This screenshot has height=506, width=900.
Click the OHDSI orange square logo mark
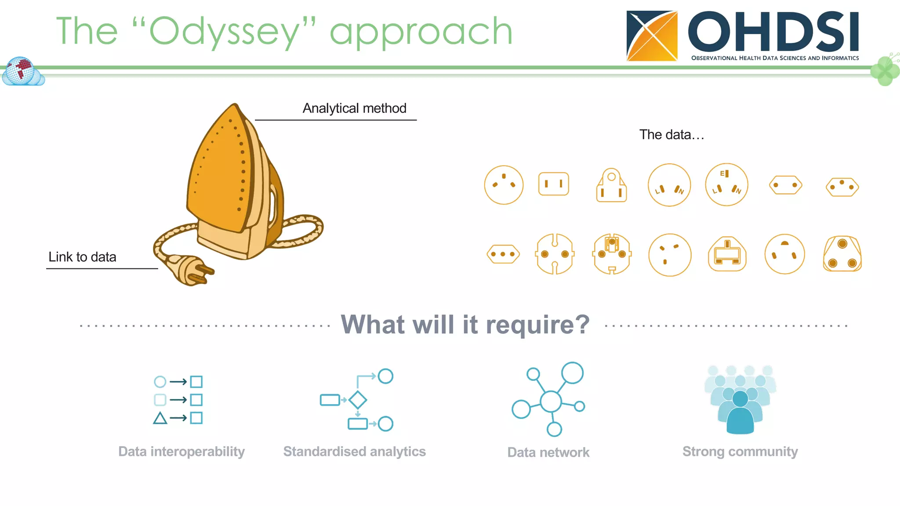pyautogui.click(x=652, y=36)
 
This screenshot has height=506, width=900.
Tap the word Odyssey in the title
pyautogui.click(x=224, y=32)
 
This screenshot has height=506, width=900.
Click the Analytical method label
pyautogui.click(x=354, y=108)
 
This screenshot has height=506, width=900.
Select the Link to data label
pyautogui.click(x=82, y=257)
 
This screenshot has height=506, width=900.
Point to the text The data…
pyautogui.click(x=671, y=134)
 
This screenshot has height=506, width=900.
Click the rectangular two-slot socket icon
pyautogui.click(x=553, y=184)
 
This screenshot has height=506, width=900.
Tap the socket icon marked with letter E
pyautogui.click(x=726, y=184)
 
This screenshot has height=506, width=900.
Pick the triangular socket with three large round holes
pyautogui.click(x=842, y=254)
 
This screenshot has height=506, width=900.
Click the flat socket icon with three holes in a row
pyautogui.click(x=503, y=254)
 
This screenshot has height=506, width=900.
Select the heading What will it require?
pyautogui.click(x=465, y=325)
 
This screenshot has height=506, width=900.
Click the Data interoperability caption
pyautogui.click(x=181, y=452)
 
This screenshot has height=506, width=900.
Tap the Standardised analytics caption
pyautogui.click(x=354, y=452)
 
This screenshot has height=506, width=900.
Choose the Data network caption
pyautogui.click(x=548, y=452)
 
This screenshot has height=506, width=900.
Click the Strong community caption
pyautogui.click(x=740, y=452)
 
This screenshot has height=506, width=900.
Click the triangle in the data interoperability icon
pyautogui.click(x=160, y=418)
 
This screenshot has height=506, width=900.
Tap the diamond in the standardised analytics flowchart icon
pyautogui.click(x=358, y=400)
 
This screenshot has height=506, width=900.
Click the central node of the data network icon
pyautogui.click(x=551, y=401)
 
